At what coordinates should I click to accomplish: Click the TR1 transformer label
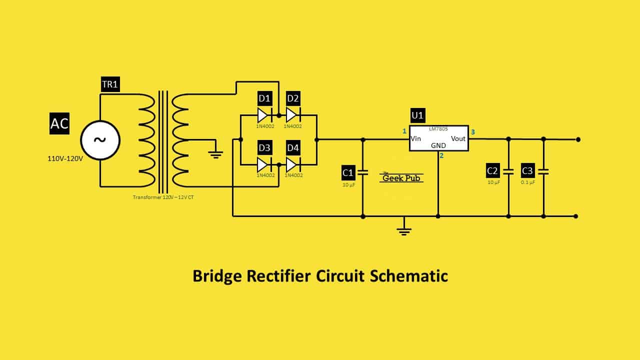[x=110, y=84]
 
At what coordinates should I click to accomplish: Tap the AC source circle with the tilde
[x=100, y=140]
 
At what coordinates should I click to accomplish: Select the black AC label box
[x=59, y=123]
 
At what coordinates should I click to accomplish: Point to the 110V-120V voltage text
[x=65, y=159]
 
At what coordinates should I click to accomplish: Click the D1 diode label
[x=264, y=98]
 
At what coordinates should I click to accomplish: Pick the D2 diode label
[x=293, y=98]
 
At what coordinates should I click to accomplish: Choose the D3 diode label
[x=264, y=148]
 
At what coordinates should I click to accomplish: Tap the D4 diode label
[x=293, y=148]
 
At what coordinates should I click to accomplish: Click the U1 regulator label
[x=417, y=115]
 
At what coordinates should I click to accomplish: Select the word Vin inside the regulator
[x=415, y=138]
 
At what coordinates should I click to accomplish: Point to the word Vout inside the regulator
[x=458, y=138]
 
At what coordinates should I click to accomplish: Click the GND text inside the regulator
[x=438, y=145]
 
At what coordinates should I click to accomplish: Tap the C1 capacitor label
[x=348, y=172]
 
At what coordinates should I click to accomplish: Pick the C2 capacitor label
[x=492, y=170]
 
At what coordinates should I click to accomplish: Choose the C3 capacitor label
[x=527, y=170]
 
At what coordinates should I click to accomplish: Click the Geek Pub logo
[x=401, y=177]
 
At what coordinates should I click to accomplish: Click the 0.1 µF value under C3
[x=528, y=182]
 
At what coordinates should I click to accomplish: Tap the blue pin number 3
[x=473, y=132]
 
